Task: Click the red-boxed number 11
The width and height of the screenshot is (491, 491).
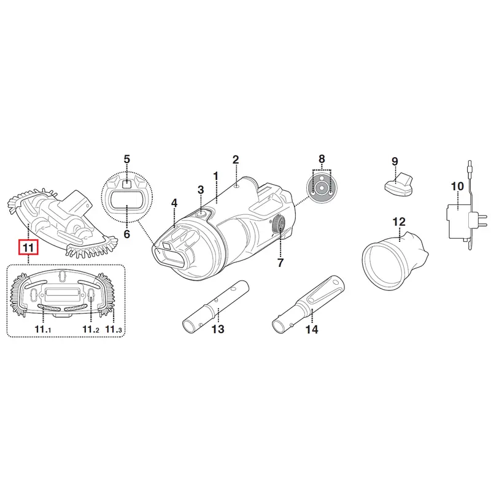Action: tap(28, 248)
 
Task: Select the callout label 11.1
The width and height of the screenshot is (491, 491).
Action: tap(43, 329)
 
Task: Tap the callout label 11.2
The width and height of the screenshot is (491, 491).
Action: tap(91, 329)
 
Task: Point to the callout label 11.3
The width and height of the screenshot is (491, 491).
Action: tap(114, 329)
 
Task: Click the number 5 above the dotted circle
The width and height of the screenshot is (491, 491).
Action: tap(126, 159)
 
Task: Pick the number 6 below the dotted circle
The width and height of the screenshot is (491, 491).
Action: tap(127, 234)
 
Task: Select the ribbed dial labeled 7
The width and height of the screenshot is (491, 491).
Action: tap(279, 225)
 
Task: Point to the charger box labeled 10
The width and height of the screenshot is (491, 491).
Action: tap(457, 221)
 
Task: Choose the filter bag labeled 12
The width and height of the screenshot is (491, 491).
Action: tap(396, 258)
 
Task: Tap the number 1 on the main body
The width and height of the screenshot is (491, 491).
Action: tap(215, 176)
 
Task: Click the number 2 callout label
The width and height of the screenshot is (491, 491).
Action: tap(236, 160)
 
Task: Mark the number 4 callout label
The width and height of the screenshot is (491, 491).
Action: tap(174, 203)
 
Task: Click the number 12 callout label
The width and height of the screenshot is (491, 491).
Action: tap(398, 222)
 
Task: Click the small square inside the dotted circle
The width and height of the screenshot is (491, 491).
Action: tap(126, 184)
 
